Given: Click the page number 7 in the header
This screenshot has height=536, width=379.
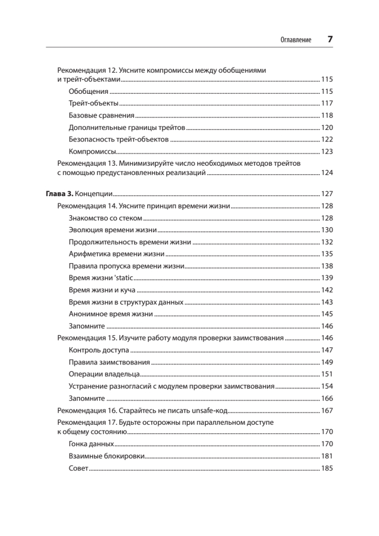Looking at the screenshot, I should coord(330,39).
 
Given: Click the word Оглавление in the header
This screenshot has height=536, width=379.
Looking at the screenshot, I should coord(296,40).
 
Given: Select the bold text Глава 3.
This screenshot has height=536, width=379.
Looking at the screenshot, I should coord(59,194).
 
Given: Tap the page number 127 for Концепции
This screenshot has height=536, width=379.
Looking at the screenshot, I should coord(327,194).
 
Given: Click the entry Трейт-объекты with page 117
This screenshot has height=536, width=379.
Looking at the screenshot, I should coord(93,103).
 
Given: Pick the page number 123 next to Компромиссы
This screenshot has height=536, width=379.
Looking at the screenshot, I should coord(327,151).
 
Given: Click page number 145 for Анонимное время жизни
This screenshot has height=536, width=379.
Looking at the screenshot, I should coord(327,314).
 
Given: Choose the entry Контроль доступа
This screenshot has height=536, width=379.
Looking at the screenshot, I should coord(99,350).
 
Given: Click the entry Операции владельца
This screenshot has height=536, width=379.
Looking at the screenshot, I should coord(105,374).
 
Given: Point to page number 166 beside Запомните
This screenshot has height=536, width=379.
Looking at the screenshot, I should coord(327,398).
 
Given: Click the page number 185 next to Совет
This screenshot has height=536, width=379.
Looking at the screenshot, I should coord(327,469).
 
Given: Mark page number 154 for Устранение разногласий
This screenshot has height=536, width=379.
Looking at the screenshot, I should coord(327,386).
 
